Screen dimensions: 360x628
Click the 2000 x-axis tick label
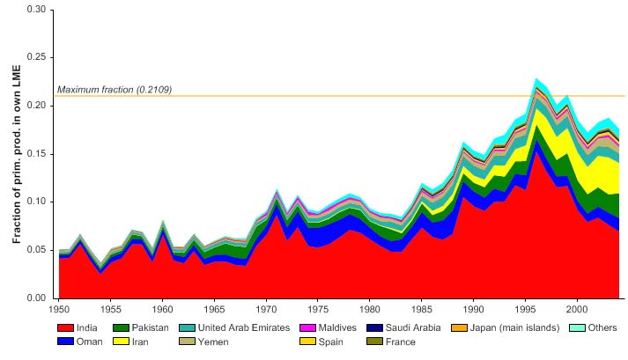coord(577,310)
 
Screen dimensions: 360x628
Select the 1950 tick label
coord(59,310)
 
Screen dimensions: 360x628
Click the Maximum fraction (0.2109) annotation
coord(115,90)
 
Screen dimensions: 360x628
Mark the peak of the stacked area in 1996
coord(536,78)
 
